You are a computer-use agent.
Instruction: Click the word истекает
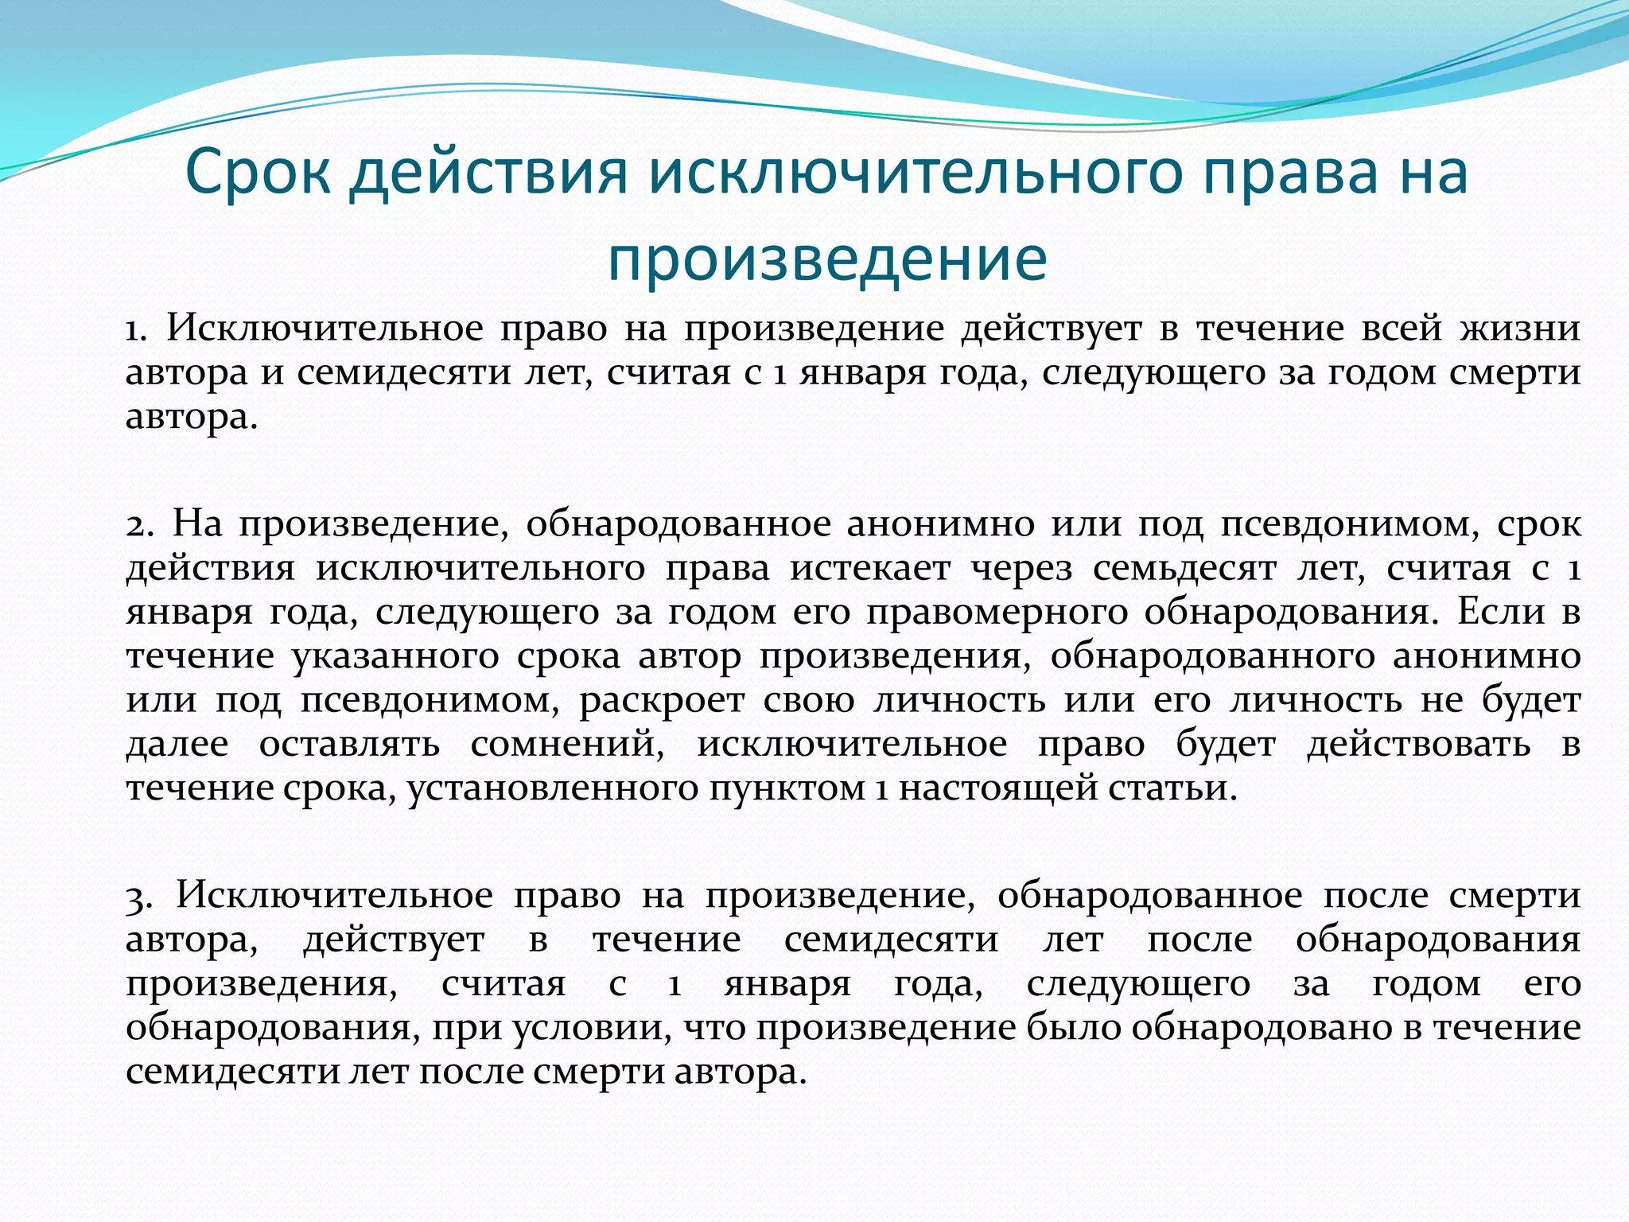(870, 569)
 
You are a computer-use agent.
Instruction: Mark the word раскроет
(662, 701)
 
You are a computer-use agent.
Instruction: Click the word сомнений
(567, 745)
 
